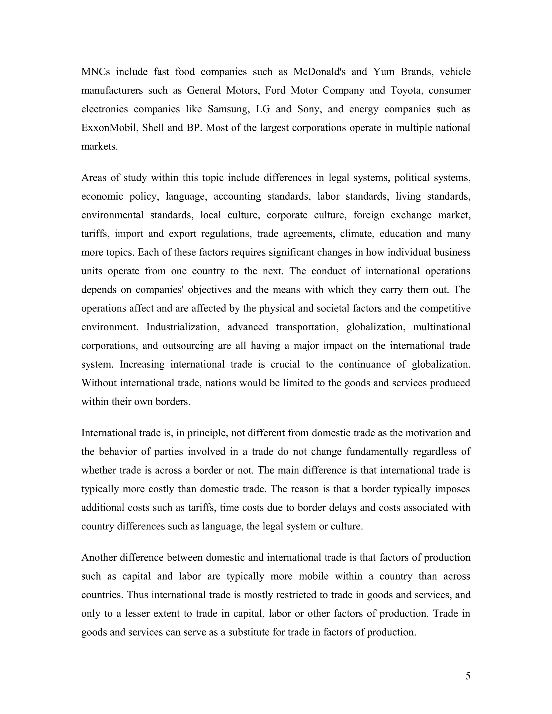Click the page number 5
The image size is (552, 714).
pyautogui.click(x=468, y=676)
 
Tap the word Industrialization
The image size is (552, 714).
pyautogui.click(x=183, y=327)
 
